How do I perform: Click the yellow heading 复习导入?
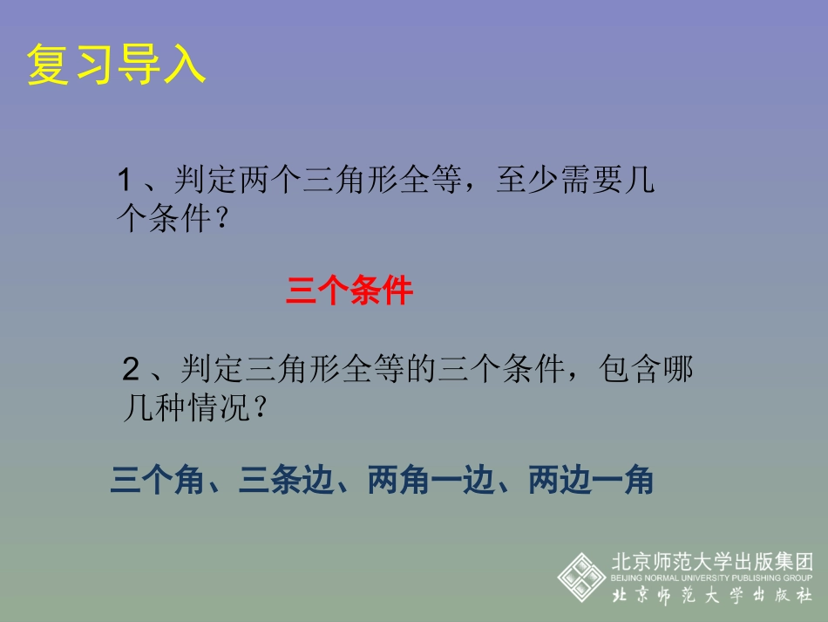tap(116, 65)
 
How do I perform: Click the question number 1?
tap(124, 181)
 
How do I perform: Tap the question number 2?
tap(132, 371)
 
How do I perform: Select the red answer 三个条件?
tap(349, 291)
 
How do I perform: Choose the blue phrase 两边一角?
tap(591, 481)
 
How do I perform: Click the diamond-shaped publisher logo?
tap(581, 575)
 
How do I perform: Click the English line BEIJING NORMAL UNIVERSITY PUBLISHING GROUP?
tap(712, 578)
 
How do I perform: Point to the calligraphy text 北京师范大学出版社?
tap(712, 596)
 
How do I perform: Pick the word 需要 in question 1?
tap(594, 181)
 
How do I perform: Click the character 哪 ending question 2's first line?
tap(680, 371)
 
